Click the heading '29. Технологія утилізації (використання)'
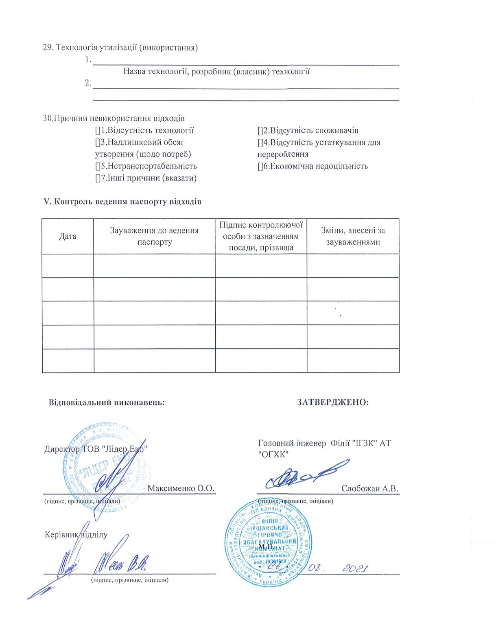pos(120,48)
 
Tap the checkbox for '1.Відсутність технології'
pos(98,131)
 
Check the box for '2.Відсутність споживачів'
pos(260,131)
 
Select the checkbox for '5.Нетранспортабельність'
pos(98,166)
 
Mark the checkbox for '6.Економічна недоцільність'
pos(260,166)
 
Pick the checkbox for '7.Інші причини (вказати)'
pos(98,178)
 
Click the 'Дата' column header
pos(68,236)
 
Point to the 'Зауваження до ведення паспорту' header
pos(154,236)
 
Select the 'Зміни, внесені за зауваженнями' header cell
pos(353,236)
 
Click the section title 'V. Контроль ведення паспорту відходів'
pos(122,202)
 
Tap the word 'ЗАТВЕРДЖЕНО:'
pos(333,402)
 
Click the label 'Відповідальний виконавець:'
pos(107,402)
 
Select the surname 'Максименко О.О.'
pos(181,488)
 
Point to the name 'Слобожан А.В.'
pos(369,489)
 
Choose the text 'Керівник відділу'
pos(76,534)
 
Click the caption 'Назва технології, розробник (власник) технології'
pos(216,72)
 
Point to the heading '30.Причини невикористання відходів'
pos(114,119)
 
